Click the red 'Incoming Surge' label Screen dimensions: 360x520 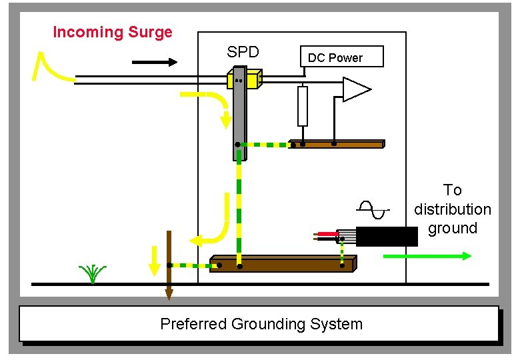(x=112, y=32)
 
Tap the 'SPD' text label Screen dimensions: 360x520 (x=243, y=53)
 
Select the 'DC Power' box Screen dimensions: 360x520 (x=341, y=57)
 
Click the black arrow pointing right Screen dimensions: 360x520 (x=155, y=63)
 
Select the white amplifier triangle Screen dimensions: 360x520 (x=355, y=89)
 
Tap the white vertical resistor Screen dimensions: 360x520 (x=303, y=106)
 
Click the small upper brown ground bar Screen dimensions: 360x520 (x=337, y=144)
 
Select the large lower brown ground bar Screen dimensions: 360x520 (x=283, y=264)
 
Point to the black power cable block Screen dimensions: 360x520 (x=387, y=237)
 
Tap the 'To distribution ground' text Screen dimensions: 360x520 (x=452, y=209)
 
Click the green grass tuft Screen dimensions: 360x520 (x=93, y=273)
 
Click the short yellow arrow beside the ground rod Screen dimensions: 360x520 (x=154, y=261)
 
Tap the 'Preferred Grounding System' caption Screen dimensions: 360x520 (x=261, y=325)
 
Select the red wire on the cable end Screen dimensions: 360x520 (x=327, y=234)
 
